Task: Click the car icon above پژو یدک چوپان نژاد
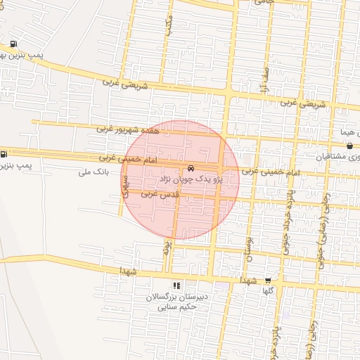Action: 191,169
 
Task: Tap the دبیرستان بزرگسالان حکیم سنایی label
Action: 176,302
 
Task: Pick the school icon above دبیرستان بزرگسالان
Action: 176,286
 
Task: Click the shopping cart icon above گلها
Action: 267,280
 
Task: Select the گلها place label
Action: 267,290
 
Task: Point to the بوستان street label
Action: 247,248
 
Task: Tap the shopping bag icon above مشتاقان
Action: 349,146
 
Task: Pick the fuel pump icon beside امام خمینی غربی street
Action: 4,154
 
